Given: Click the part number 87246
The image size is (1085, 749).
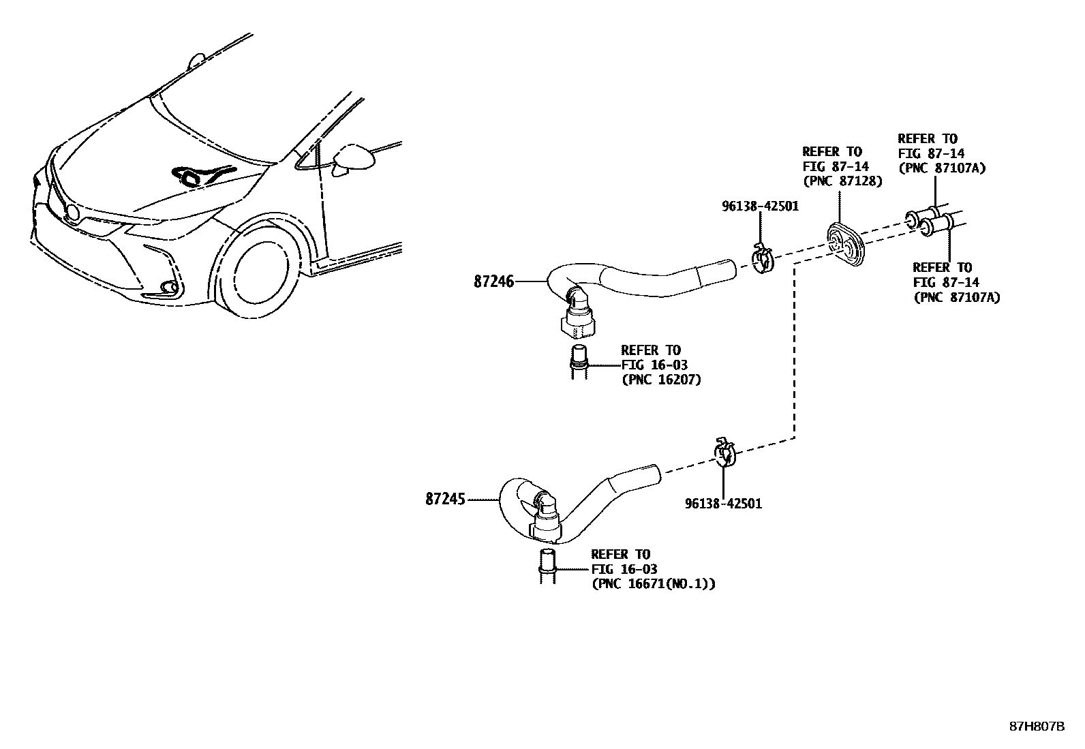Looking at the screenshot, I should coord(494,281).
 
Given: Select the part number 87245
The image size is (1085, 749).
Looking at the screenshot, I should coord(445,500).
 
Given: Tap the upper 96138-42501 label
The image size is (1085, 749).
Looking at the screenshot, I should coord(760,205).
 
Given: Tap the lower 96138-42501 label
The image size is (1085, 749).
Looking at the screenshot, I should coord(723,504).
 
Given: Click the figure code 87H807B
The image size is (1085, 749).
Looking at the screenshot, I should coord(1037,727).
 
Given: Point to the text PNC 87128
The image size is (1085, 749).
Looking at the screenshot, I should coord(842,181).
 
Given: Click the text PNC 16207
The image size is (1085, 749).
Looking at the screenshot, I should coord(660,380).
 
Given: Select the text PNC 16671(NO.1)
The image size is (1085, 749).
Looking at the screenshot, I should coord(654,583).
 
